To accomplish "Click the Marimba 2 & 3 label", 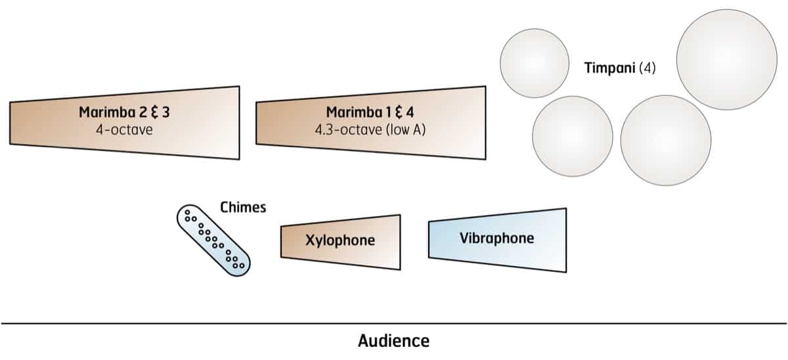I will tap(124, 112).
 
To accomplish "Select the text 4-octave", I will tap(124, 129).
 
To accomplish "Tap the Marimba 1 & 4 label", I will tap(370, 112).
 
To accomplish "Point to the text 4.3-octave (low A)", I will tap(370, 129).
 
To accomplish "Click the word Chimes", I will tap(243, 208).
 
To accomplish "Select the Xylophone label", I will tap(340, 240).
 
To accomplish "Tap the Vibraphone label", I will tap(497, 238).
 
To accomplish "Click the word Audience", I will tap(394, 341).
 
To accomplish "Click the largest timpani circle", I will tap(727, 51).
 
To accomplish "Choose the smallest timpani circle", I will tap(534, 62).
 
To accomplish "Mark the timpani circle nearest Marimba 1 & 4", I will tap(572, 137).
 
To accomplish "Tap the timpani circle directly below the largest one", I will tap(665, 140).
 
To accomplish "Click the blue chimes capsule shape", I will tap(213, 238).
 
